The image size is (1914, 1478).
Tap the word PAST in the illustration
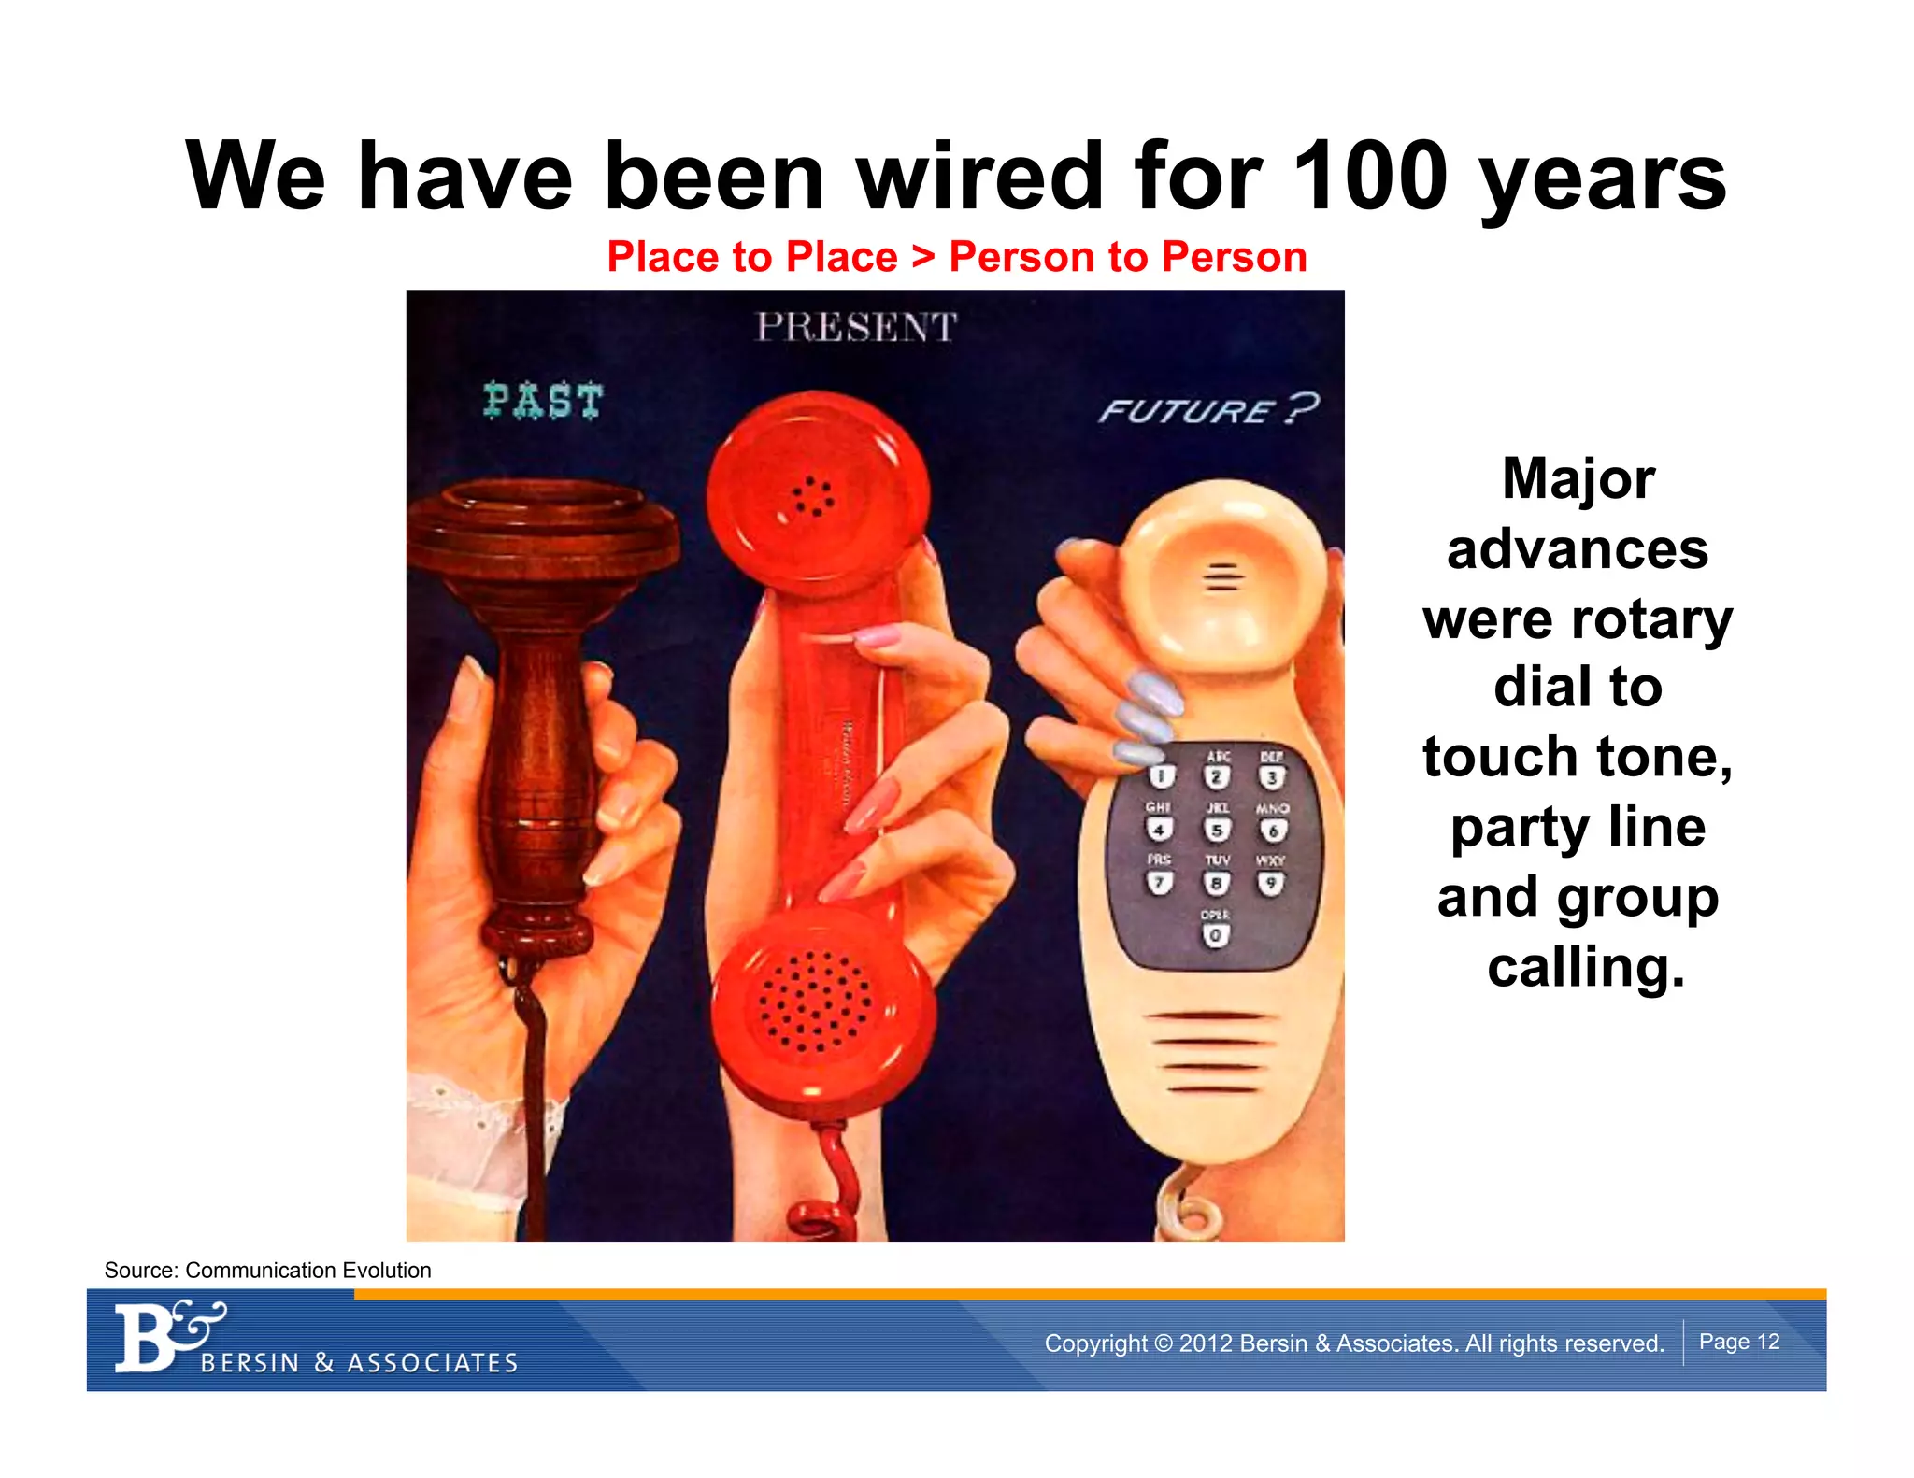coord(543,401)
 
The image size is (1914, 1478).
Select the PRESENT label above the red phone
coord(856,328)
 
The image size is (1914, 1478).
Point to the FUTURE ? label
coord(1208,410)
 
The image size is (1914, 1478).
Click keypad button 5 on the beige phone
coord(1216,830)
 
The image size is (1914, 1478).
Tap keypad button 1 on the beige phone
coord(1161,776)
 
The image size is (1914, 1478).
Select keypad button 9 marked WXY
coord(1270,883)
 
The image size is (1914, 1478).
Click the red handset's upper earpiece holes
coord(812,497)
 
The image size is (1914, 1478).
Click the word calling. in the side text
coord(1586,967)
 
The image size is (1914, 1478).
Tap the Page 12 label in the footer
coord(1738,1342)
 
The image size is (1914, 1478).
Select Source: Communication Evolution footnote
coord(267,1270)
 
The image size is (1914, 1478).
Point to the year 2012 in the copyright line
coord(1207,1343)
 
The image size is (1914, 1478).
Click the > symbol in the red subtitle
coord(923,257)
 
